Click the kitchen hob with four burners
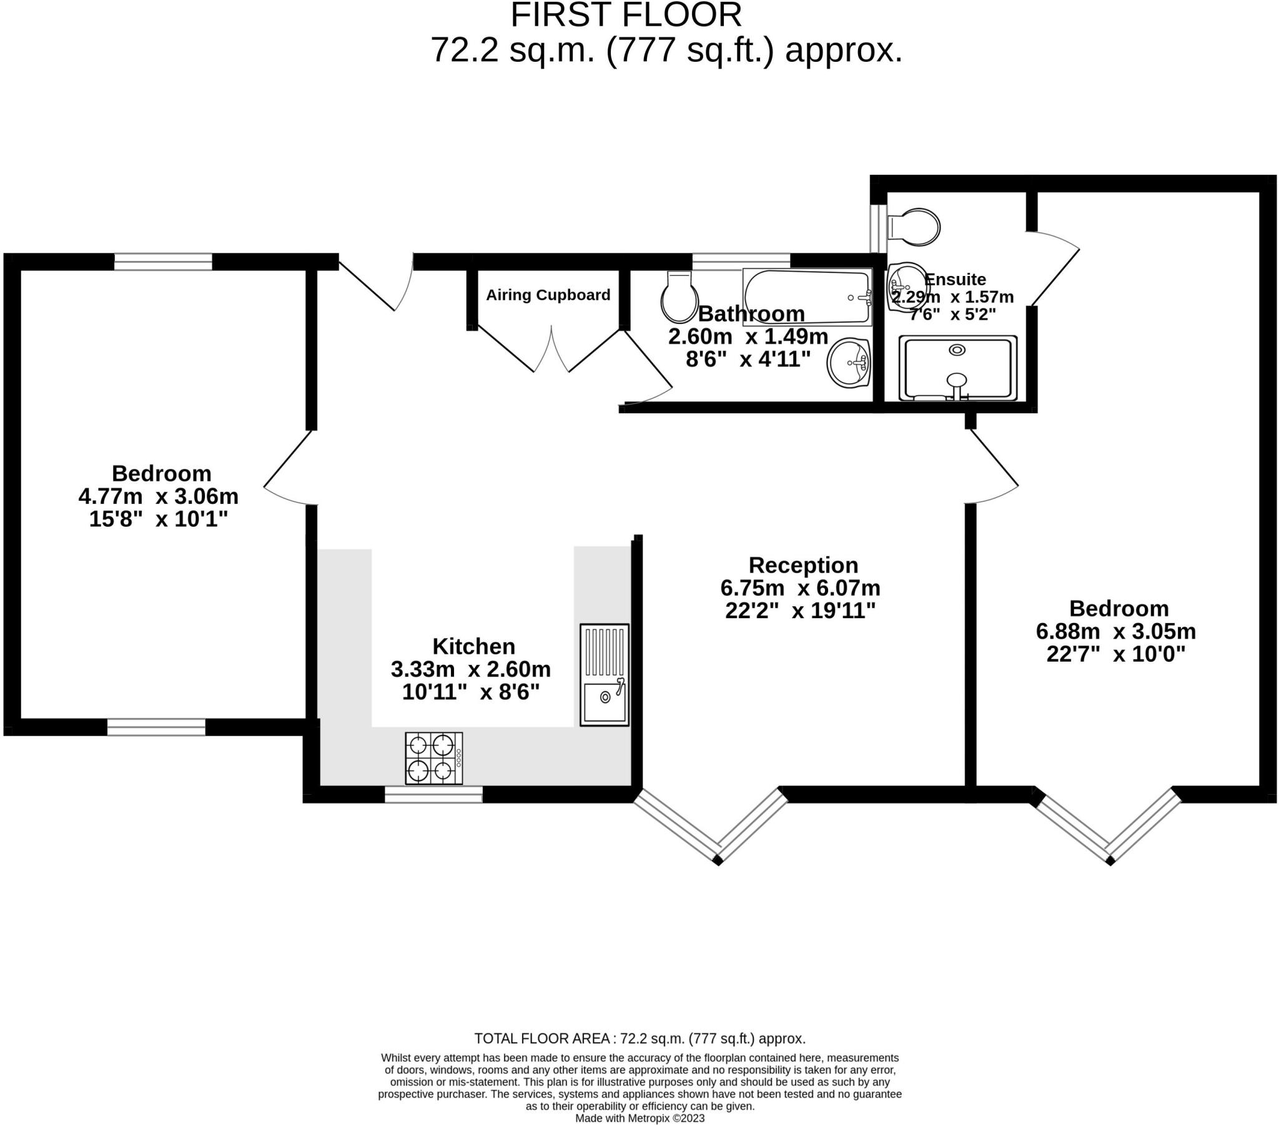pyautogui.click(x=433, y=759)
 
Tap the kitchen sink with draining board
pyautogui.click(x=604, y=674)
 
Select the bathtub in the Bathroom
pyautogui.click(x=807, y=297)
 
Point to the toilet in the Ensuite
pyautogui.click(x=914, y=227)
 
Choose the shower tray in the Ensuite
pyautogui.click(x=957, y=368)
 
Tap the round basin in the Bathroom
pyautogui.click(x=849, y=363)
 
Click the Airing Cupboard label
pyautogui.click(x=548, y=295)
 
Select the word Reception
pyautogui.click(x=804, y=565)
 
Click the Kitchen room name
pyautogui.click(x=473, y=646)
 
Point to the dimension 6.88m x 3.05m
pyautogui.click(x=1115, y=631)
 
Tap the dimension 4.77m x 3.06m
pyautogui.click(x=158, y=496)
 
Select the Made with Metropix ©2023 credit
pyautogui.click(x=639, y=1118)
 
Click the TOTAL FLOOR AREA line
pyautogui.click(x=639, y=1039)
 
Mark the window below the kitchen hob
pyautogui.click(x=433, y=794)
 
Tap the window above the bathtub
pyautogui.click(x=741, y=262)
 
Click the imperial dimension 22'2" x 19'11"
pyautogui.click(x=801, y=611)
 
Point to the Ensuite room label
pyautogui.click(x=955, y=279)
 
